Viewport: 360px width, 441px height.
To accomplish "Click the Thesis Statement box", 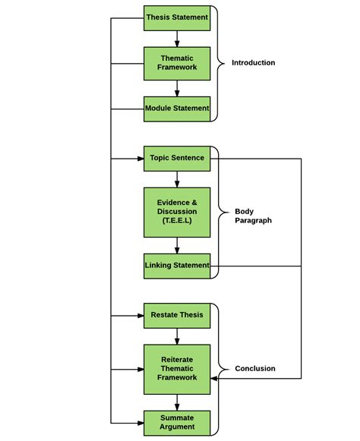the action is [177, 18].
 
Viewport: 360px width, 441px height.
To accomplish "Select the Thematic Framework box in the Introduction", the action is [177, 64].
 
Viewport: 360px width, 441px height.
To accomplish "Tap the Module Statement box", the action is [177, 109].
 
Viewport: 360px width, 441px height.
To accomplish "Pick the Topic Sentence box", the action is [177, 159].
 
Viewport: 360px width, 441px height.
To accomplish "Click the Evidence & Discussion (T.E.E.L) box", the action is [177, 213].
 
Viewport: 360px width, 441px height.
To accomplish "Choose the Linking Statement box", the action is [177, 266].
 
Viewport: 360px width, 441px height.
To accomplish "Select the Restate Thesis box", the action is [177, 316].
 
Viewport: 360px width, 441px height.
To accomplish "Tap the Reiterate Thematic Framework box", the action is [177, 370].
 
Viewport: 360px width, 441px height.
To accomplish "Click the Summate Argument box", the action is [177, 423].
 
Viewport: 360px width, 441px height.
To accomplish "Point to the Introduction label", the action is [254, 63].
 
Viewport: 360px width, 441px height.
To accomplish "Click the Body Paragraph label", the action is [254, 216].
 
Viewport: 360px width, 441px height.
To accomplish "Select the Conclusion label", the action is [255, 368].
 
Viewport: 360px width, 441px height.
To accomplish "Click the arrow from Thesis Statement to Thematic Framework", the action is [177, 39].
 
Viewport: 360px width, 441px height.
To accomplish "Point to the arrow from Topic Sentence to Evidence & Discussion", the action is [177, 179].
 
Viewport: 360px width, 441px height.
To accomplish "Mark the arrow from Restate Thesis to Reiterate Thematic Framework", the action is [177, 336].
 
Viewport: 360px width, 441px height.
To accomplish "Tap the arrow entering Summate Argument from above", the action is [177, 402].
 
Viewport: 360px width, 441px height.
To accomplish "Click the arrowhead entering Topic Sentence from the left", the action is [141, 159].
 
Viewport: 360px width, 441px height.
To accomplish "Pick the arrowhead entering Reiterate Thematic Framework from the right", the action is [213, 378].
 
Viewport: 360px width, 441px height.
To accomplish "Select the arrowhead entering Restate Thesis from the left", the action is [141, 316].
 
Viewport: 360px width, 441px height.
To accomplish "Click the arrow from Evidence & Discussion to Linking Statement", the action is [177, 245].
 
